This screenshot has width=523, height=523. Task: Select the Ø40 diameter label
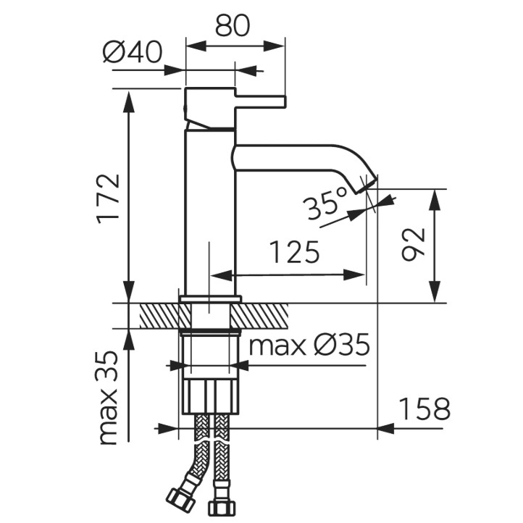coord(133,54)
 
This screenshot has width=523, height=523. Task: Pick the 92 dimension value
coord(411,246)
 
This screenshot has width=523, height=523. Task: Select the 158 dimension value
coord(422,409)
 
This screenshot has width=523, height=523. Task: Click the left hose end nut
coord(176,498)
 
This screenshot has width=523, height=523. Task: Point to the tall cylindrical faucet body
coord(209,210)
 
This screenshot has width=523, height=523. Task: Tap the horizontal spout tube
coord(290,156)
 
